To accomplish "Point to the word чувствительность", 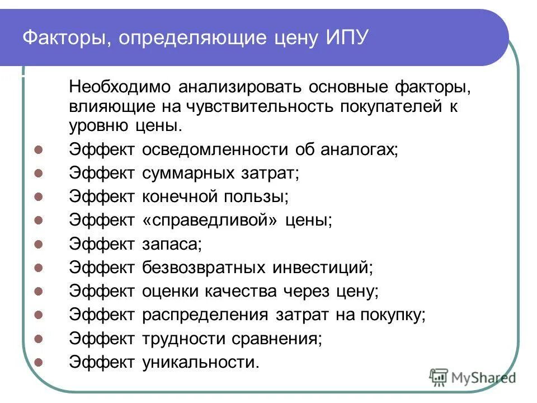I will tap(245, 106).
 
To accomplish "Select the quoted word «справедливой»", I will tap(210, 221).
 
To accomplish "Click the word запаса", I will tap(171, 244).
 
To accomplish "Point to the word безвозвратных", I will tap(204, 268).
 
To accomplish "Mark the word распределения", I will tap(205, 315).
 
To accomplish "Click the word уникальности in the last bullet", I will tap(200, 362).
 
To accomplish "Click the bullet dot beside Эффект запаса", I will tap(39, 245).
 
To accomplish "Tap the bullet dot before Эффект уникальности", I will tap(39, 362).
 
